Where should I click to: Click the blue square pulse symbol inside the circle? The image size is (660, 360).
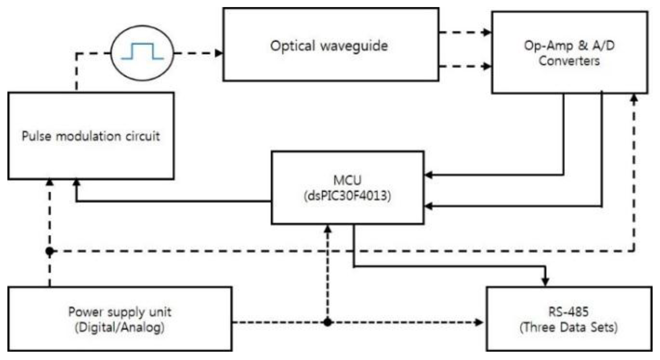click(142, 51)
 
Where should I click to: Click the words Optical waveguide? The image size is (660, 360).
click(329, 46)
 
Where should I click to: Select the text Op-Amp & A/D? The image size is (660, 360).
click(569, 45)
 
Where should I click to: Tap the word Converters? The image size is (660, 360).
click(569, 61)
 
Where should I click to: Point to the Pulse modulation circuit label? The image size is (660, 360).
click(91, 136)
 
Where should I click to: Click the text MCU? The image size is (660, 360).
click(347, 180)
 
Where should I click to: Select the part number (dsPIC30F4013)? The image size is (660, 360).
click(347, 196)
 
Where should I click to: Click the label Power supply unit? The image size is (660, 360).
click(120, 312)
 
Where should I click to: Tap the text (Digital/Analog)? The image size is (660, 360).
click(120, 327)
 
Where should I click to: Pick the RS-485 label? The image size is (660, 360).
click(568, 312)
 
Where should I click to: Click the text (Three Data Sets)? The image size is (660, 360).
click(568, 327)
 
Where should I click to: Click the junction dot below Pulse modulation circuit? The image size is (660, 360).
click(50, 252)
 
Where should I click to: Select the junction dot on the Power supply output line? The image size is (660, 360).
click(328, 322)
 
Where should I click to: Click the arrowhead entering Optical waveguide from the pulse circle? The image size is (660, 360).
click(219, 53)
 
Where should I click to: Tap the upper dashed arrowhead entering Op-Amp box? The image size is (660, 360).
click(487, 32)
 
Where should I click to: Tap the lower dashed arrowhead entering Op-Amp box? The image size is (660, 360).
click(487, 66)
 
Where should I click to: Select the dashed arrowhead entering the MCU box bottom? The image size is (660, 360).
click(328, 229)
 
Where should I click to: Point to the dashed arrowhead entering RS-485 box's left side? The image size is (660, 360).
click(479, 322)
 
